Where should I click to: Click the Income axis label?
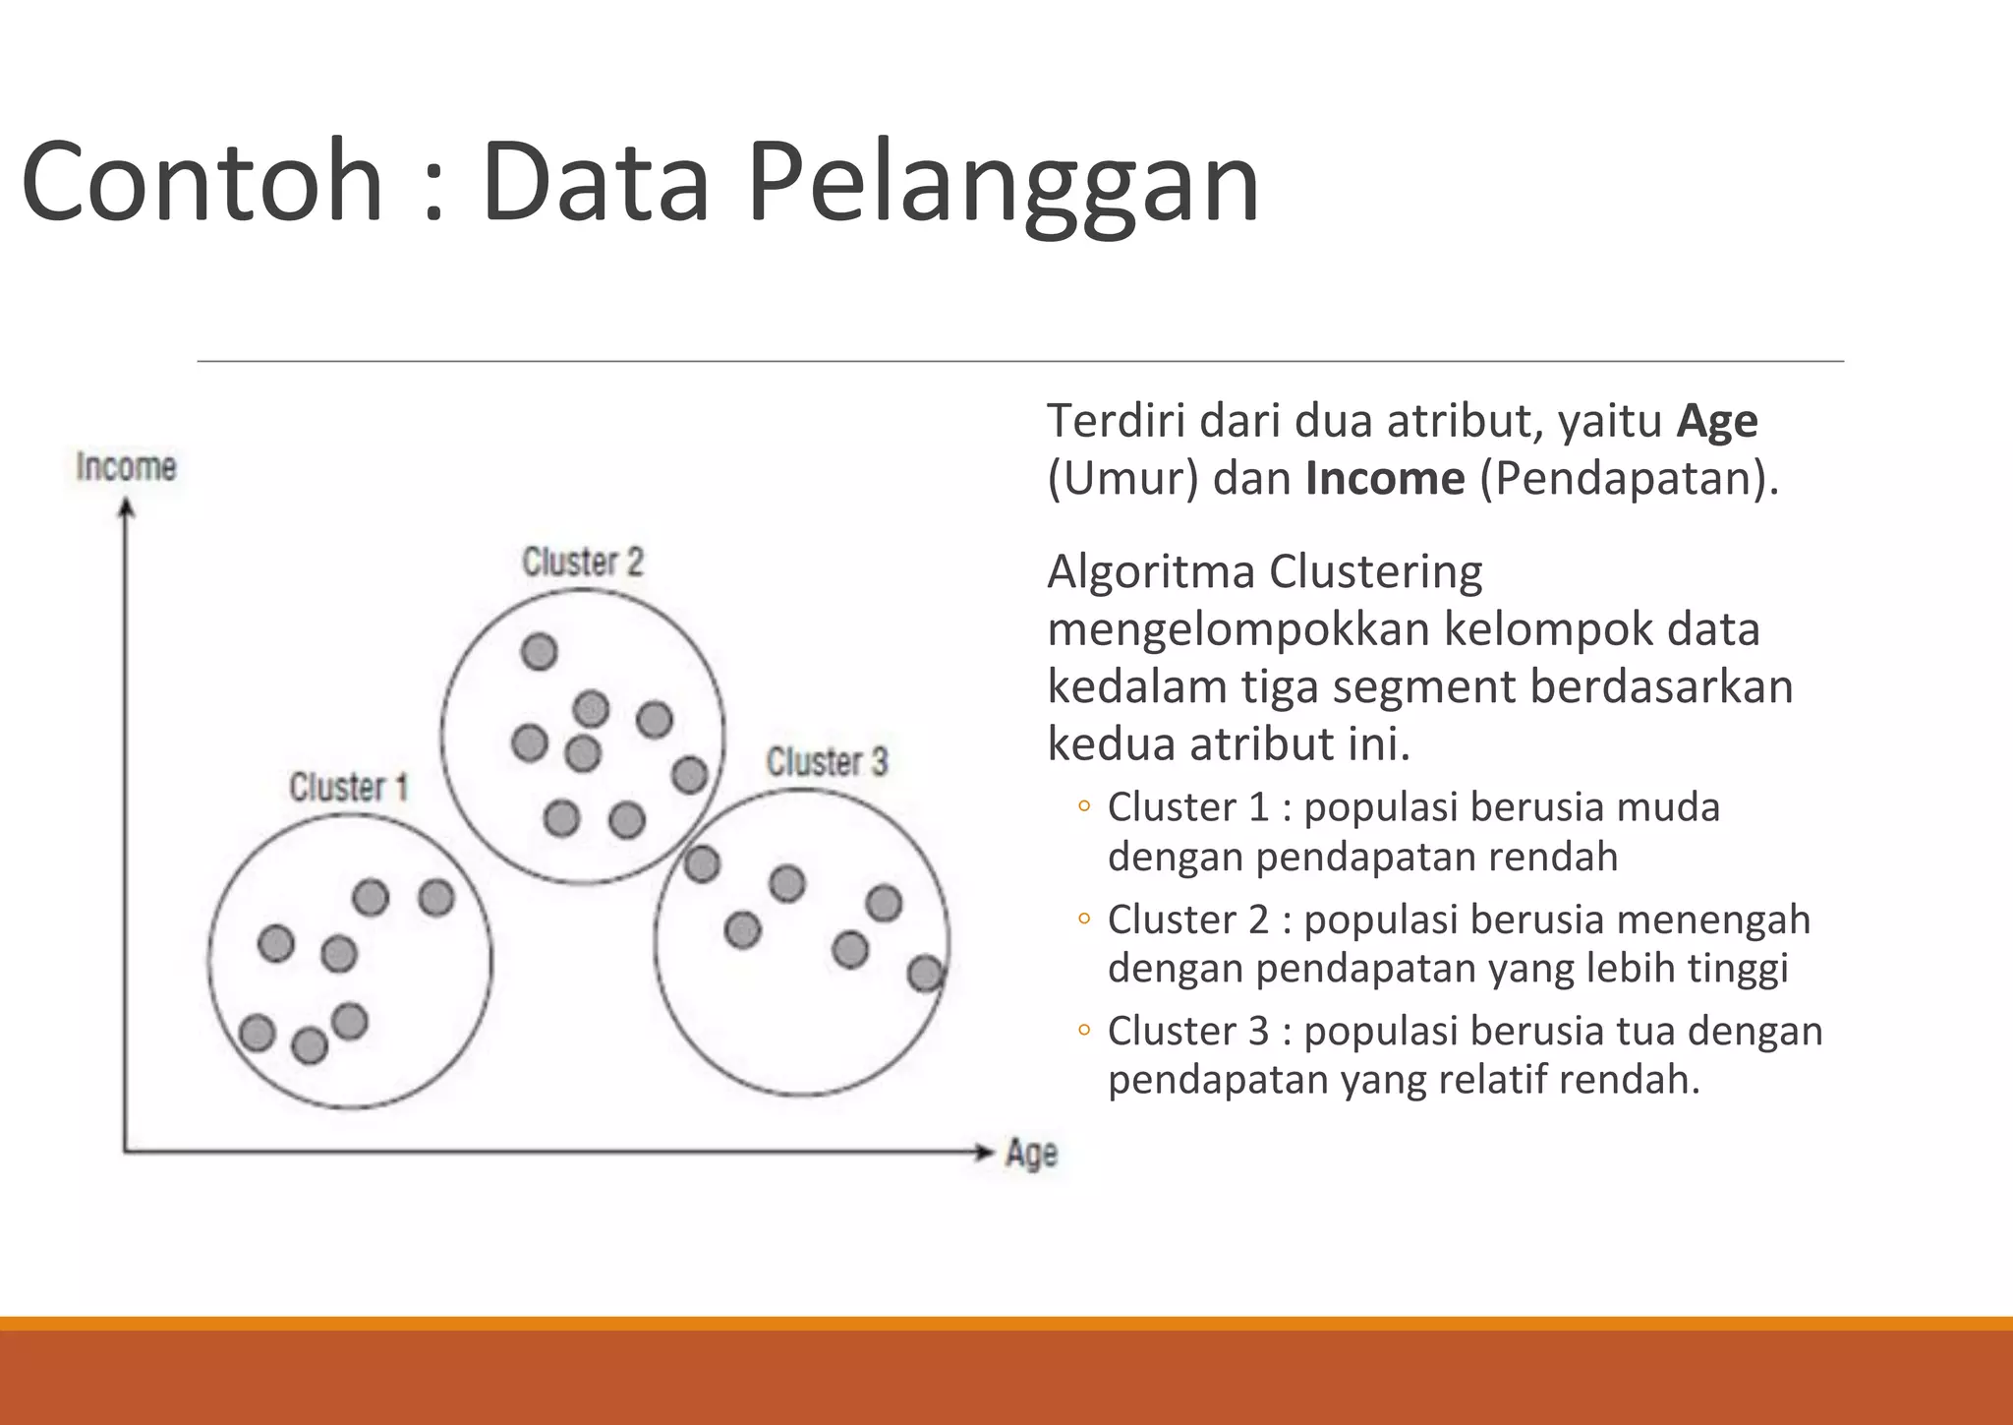click(x=126, y=466)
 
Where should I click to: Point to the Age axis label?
click(x=1031, y=1153)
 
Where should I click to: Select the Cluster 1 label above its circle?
click(x=348, y=787)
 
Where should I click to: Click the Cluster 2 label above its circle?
click(x=582, y=562)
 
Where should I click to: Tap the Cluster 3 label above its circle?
click(x=827, y=761)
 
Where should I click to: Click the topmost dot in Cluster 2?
click(x=539, y=651)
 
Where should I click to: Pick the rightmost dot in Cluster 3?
click(x=925, y=974)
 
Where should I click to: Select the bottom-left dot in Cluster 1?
click(x=257, y=1033)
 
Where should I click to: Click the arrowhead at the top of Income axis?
click(x=125, y=508)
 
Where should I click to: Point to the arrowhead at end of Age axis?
click(x=984, y=1153)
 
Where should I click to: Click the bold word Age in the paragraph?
click(x=1716, y=421)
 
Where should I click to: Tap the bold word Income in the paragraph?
click(x=1385, y=479)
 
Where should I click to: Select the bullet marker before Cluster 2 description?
click(x=1083, y=920)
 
